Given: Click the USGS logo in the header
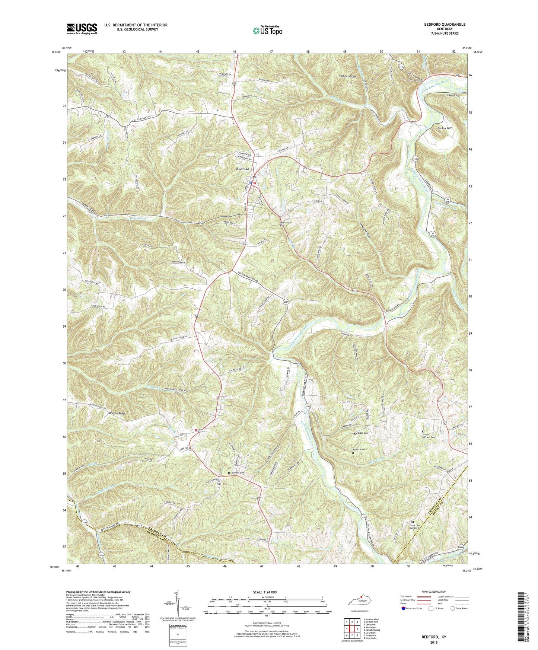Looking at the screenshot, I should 82,29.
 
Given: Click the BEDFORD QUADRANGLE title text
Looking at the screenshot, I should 444,25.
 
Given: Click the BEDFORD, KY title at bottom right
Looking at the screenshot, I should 434,637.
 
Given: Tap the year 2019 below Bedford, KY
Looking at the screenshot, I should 434,643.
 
